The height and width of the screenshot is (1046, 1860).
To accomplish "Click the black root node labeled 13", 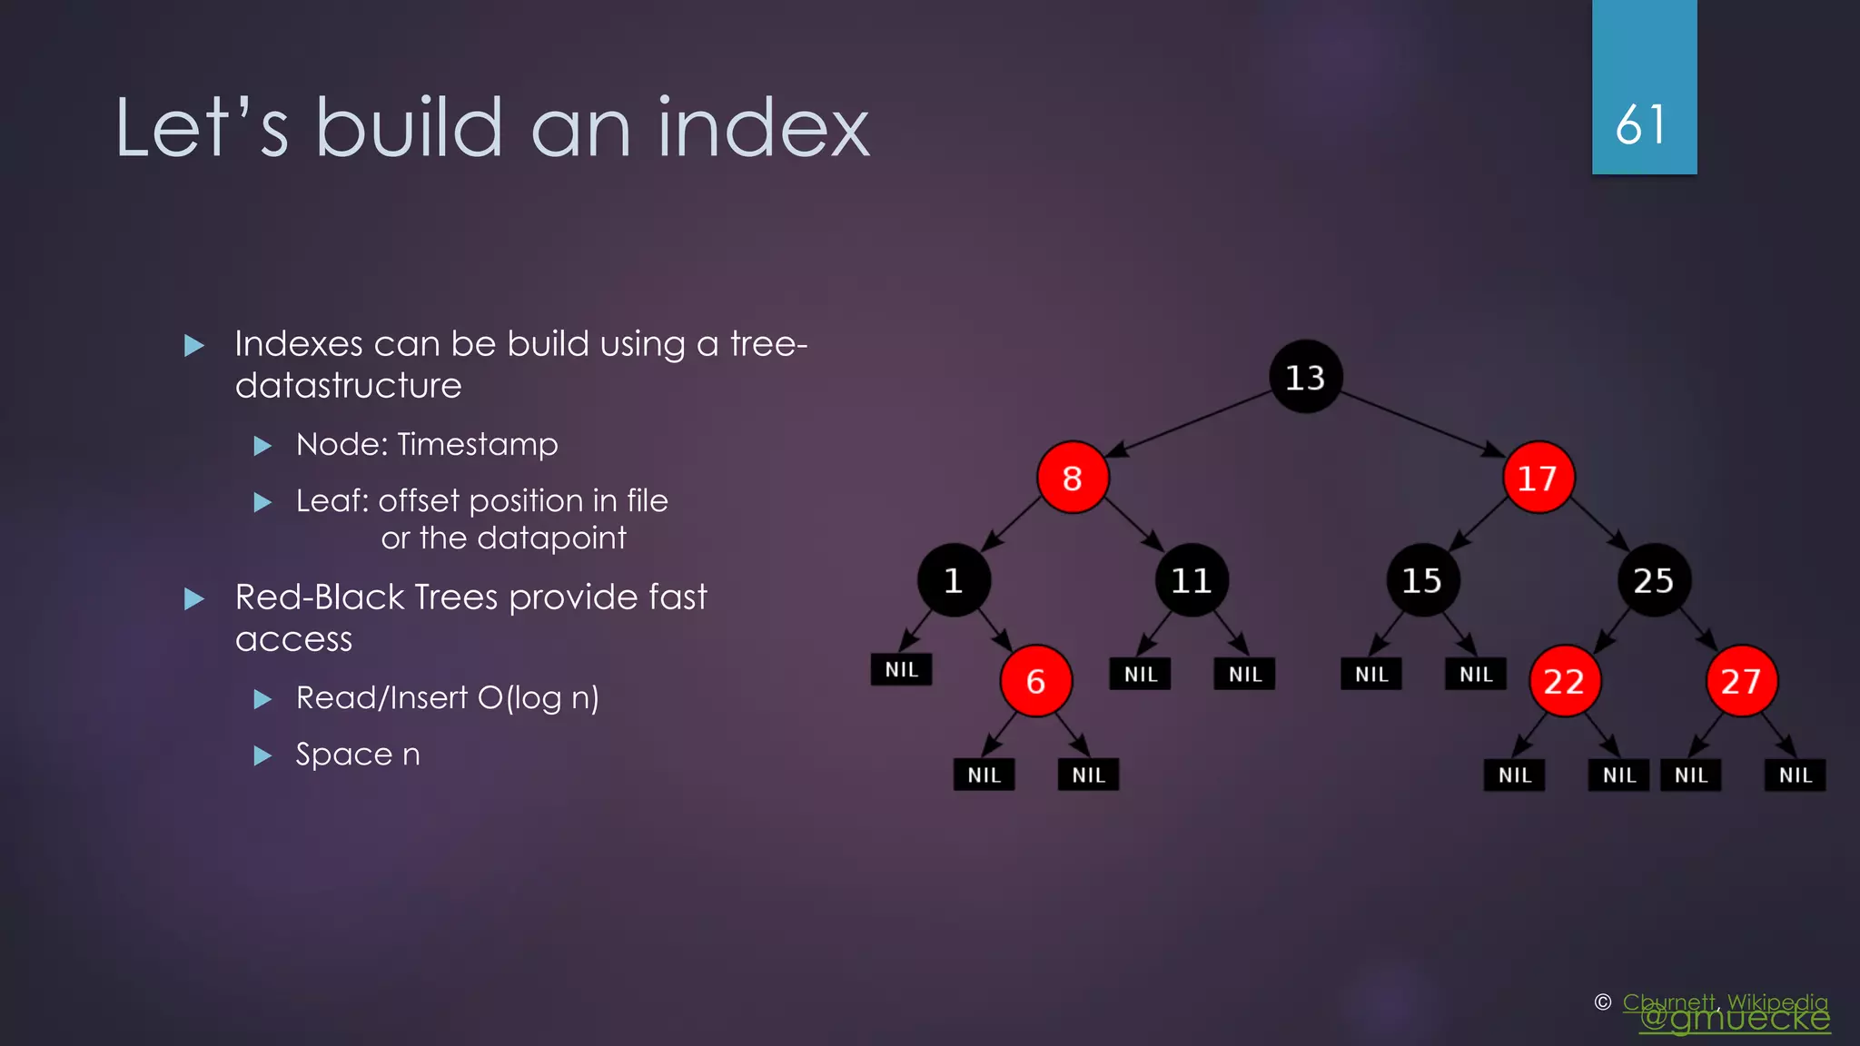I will pos(1305,377).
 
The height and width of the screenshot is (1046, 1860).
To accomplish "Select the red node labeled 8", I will pos(1073,478).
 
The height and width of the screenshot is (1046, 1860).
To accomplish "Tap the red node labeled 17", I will pos(1538,478).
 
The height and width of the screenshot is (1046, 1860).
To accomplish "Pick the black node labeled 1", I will pos(954,580).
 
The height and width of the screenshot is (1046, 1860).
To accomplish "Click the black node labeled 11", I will pos(1191,580).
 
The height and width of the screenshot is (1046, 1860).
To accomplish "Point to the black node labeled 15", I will pos(1422,580).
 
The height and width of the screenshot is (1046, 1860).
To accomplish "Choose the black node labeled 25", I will pos(1654,580).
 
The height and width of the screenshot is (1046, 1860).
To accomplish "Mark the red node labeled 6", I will pos(1036,681).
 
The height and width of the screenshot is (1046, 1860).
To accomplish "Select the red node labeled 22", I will pos(1564,681).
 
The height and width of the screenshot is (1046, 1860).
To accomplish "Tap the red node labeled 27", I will pos(1741,681).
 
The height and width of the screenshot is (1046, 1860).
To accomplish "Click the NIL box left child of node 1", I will pos(901,669).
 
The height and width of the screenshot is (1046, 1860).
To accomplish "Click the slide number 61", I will pos(1642,124).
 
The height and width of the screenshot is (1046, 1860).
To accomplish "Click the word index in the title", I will pos(763,128).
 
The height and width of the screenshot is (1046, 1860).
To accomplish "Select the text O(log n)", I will pos(538,697).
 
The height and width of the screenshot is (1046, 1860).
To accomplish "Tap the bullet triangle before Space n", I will pos(262,755).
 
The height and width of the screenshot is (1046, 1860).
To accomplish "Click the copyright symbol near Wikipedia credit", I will pos(1603,1002).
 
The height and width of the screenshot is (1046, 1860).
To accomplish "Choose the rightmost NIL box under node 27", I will pos(1795,775).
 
